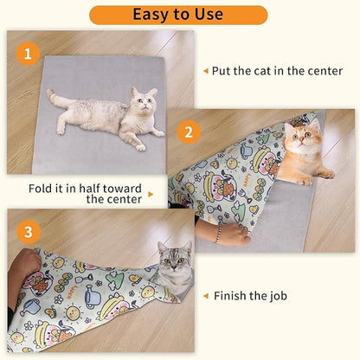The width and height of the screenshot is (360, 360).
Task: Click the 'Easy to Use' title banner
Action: pos(178,15)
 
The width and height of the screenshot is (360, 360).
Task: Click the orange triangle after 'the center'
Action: pos(150,195)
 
